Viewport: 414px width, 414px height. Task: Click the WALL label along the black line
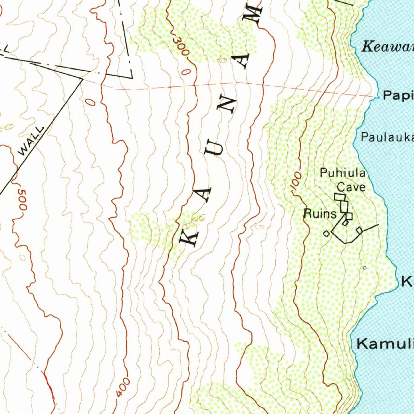click(x=31, y=141)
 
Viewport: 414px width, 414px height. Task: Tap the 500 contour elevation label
click(x=22, y=199)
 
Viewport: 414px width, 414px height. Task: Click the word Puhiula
click(x=342, y=173)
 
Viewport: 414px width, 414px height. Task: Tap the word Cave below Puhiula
click(x=351, y=187)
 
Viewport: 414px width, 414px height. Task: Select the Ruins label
click(x=320, y=214)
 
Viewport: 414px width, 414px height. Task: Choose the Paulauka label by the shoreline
click(x=387, y=137)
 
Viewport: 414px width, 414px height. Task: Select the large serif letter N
click(x=229, y=105)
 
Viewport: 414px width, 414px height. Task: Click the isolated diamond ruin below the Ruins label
click(x=326, y=233)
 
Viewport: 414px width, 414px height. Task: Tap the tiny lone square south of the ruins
click(x=364, y=268)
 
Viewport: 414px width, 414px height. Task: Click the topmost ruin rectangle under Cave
click(x=340, y=197)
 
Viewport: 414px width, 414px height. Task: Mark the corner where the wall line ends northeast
click(x=82, y=79)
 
